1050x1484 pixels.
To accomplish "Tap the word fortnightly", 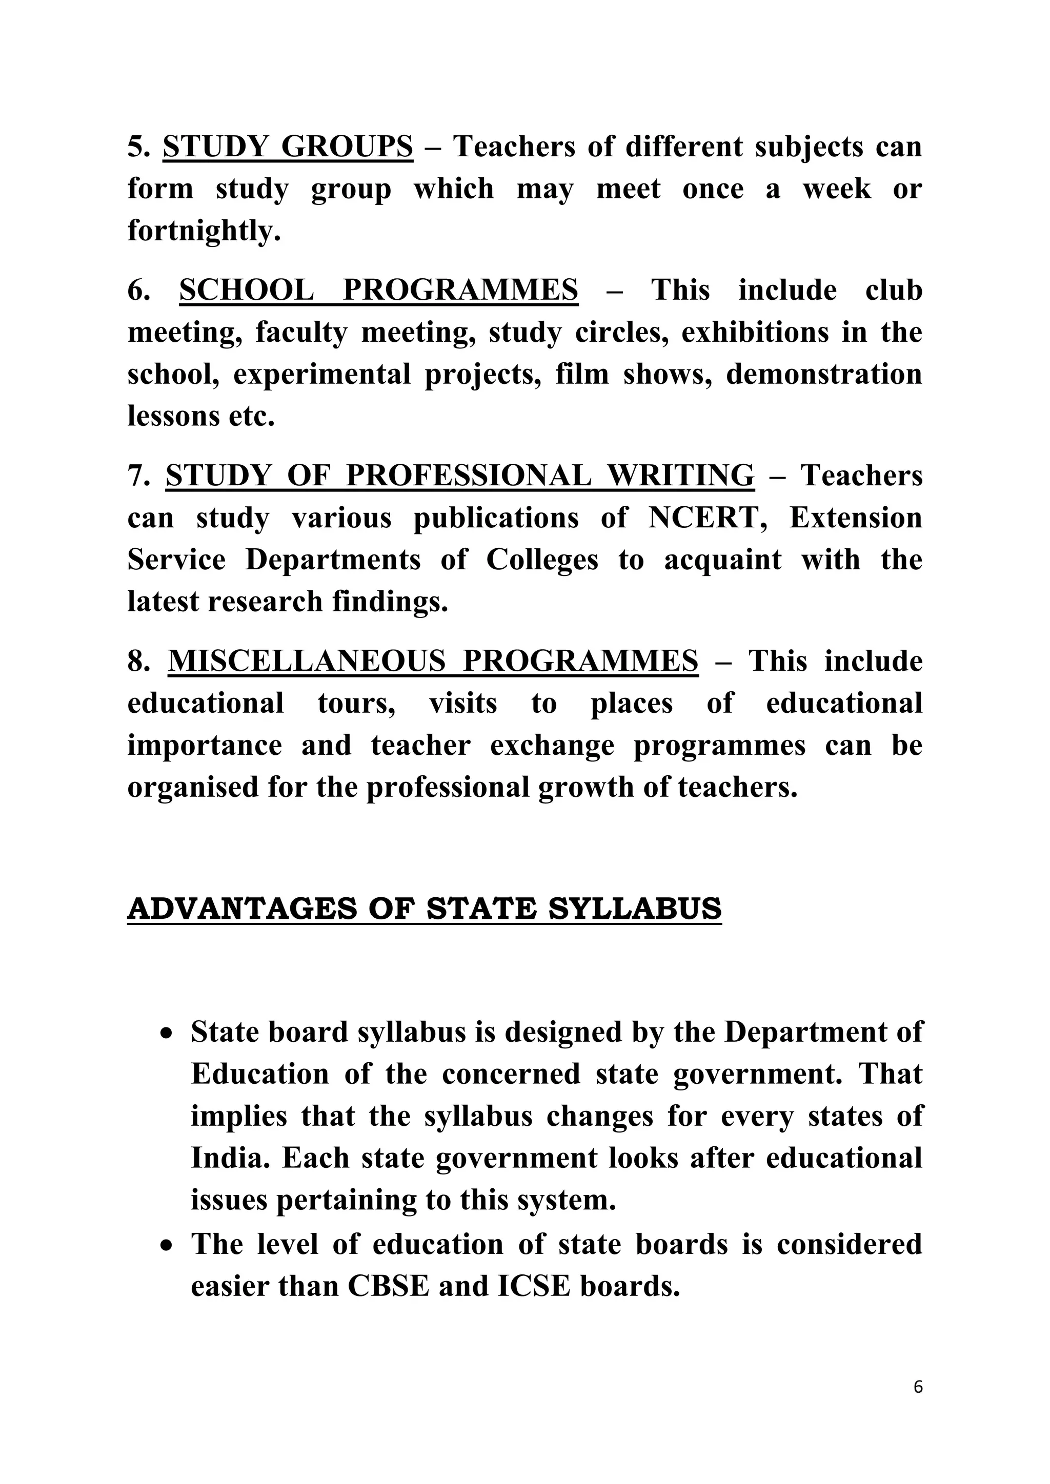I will (203, 231).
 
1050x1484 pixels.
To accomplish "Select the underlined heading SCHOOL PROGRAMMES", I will (378, 290).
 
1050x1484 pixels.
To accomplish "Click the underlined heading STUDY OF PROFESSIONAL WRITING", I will (460, 477).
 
